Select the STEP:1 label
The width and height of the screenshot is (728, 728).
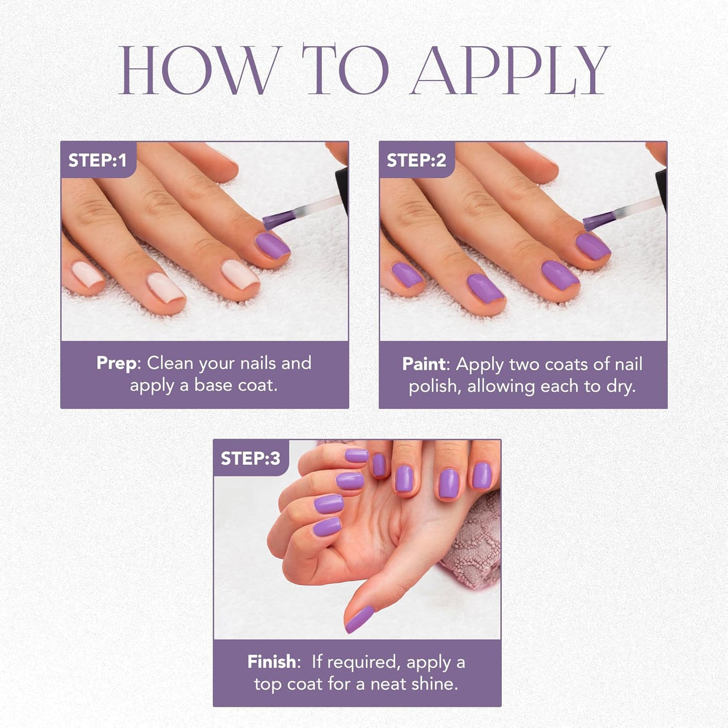click(x=97, y=160)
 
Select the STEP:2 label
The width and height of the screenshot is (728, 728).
click(x=416, y=160)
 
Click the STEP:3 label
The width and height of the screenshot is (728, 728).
click(x=250, y=458)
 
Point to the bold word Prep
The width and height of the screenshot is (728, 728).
click(x=116, y=363)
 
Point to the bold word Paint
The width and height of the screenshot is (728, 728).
click(x=424, y=364)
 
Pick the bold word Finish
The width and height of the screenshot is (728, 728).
click(x=272, y=662)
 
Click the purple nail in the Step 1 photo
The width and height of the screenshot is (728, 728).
click(x=272, y=245)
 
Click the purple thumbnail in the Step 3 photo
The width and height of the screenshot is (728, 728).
click(x=359, y=619)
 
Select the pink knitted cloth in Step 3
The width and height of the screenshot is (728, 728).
click(x=476, y=544)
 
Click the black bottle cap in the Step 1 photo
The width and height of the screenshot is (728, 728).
click(x=342, y=190)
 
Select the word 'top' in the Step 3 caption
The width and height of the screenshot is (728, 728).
click(x=268, y=684)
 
